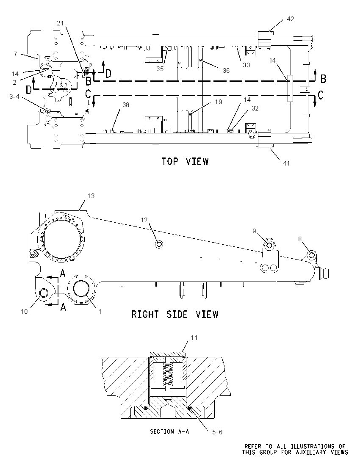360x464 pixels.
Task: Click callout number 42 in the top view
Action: [x=291, y=19]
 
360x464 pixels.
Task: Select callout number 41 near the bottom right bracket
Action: [x=287, y=163]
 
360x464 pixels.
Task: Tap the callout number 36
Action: [x=226, y=70]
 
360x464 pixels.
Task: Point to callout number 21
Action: [x=60, y=23]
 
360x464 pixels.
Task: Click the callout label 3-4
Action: [x=14, y=96]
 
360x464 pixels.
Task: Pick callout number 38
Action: [x=126, y=105]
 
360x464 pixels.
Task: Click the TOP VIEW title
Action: [x=185, y=161]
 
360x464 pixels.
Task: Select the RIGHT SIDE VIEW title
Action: [x=175, y=314]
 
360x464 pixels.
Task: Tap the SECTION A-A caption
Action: [x=169, y=432]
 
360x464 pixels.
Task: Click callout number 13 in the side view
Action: [x=91, y=196]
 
